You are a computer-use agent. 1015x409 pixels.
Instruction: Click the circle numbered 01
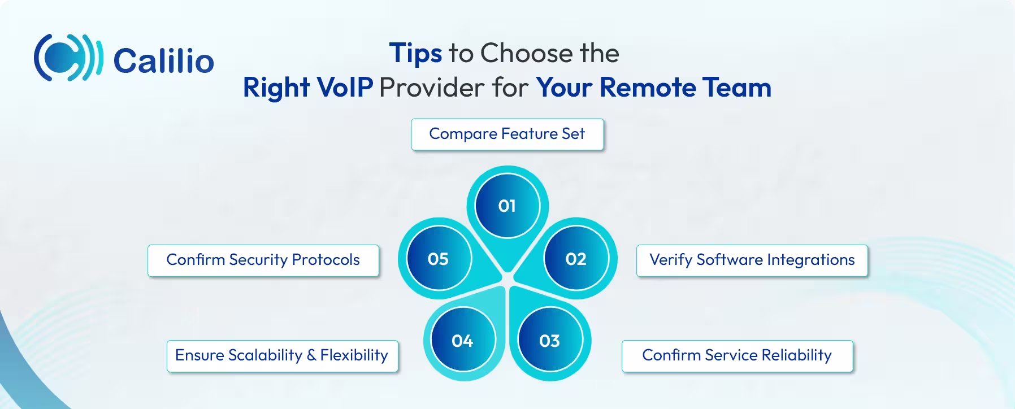coord(507,206)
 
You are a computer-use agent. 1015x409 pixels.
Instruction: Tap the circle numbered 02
coord(576,259)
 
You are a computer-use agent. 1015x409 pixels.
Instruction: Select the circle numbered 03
coord(549,341)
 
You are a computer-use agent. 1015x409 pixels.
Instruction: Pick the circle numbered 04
coord(462,341)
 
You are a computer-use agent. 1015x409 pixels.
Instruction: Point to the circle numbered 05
coord(438,259)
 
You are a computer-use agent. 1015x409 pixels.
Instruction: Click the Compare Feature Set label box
coord(507,134)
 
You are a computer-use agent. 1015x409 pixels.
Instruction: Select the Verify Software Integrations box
coord(752,260)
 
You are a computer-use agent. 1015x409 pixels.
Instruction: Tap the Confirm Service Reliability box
coord(737,355)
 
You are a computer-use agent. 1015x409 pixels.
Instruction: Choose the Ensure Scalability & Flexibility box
coord(282,355)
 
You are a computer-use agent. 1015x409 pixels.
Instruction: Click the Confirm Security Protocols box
coord(263,260)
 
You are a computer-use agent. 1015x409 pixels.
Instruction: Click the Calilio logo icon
coord(68,58)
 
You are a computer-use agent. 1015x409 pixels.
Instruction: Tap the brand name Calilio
coord(163,60)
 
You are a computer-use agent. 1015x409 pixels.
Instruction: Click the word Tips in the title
coord(415,54)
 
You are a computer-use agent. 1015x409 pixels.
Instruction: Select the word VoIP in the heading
coord(345,88)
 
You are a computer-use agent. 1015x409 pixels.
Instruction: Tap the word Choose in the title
coord(527,54)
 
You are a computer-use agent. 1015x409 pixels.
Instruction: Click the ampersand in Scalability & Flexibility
coord(311,355)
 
